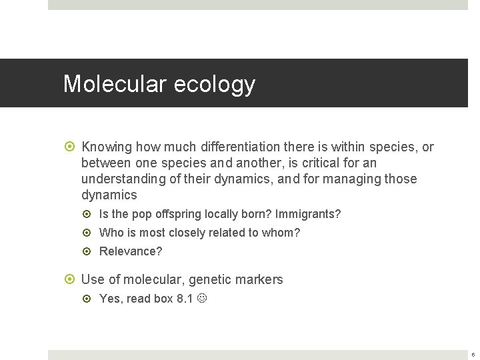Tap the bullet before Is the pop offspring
pos(91,214)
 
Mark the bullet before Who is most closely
pos(91,233)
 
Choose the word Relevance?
pos(131,251)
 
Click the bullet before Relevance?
pos(91,251)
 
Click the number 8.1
pos(185,299)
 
